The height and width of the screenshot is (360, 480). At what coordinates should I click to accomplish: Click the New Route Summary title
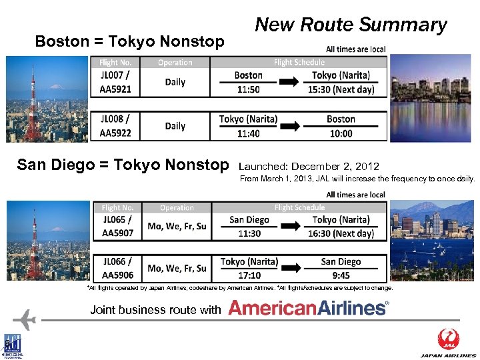click(351, 25)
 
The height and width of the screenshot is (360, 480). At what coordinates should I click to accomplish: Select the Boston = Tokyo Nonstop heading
click(129, 41)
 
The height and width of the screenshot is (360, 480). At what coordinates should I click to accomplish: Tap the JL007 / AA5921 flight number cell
click(116, 82)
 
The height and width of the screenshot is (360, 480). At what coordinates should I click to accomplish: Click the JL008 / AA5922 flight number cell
click(116, 125)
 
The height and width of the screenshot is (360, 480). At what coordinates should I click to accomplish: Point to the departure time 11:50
click(248, 89)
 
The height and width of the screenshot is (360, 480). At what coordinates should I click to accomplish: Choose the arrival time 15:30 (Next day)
click(343, 89)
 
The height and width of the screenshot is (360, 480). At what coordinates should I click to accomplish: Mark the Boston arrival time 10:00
click(341, 133)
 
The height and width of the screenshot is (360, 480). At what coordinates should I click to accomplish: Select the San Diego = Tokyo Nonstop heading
click(123, 164)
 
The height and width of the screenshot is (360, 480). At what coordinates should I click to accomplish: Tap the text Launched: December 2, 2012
click(309, 166)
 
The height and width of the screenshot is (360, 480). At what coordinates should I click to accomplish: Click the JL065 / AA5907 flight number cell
click(118, 226)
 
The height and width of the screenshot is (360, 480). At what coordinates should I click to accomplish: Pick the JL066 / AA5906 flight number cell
click(118, 268)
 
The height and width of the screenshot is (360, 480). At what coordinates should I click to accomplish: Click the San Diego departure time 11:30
click(249, 233)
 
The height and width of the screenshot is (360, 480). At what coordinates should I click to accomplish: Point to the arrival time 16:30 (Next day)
click(341, 233)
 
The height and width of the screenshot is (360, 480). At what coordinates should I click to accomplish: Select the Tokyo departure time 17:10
click(249, 275)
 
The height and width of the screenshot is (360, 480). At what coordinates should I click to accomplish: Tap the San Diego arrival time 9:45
click(341, 275)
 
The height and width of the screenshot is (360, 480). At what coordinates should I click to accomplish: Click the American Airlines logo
click(308, 307)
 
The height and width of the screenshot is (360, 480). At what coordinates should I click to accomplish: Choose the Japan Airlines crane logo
click(448, 339)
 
